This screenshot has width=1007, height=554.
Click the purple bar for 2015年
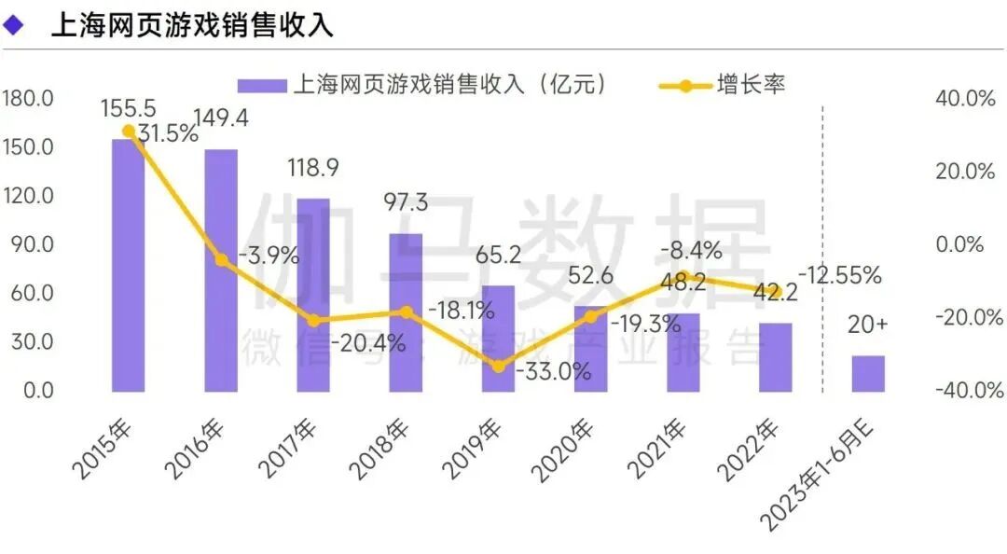[128, 266]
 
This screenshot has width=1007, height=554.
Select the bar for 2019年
[498, 339]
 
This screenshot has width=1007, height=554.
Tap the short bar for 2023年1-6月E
[868, 373]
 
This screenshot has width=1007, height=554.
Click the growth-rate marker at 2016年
[221, 260]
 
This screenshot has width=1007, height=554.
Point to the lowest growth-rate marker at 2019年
[498, 367]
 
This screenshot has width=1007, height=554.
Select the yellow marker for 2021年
[683, 277]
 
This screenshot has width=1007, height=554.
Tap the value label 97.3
[406, 201]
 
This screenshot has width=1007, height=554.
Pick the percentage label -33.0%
[556, 371]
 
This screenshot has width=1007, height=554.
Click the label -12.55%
[839, 275]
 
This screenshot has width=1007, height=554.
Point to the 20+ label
[868, 325]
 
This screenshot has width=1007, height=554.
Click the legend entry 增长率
[751, 85]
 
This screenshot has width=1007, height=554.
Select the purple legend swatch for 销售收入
[260, 86]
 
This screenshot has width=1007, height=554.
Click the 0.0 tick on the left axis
[36, 390]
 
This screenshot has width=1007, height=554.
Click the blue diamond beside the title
[13, 25]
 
